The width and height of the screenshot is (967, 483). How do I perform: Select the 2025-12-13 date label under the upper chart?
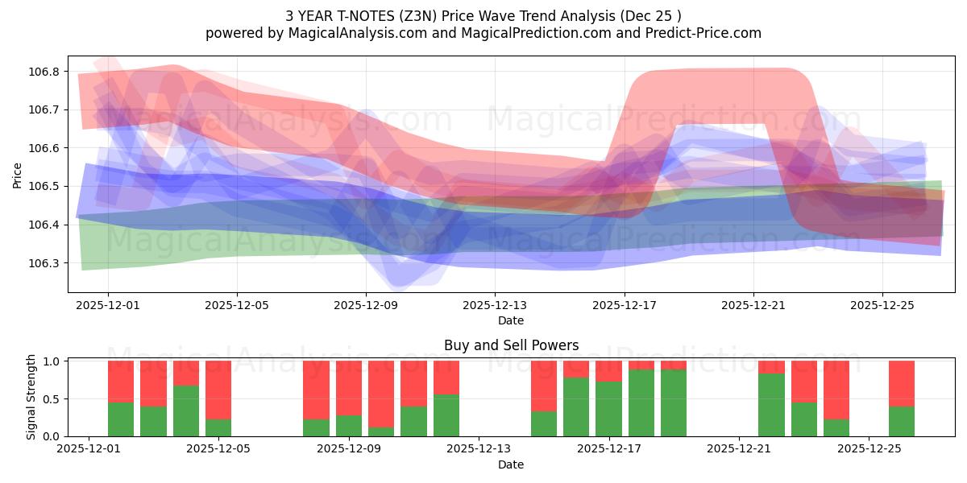point(495,306)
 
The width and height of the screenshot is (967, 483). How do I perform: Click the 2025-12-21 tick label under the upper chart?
point(753,306)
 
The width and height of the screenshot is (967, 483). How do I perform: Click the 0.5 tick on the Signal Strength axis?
point(52,399)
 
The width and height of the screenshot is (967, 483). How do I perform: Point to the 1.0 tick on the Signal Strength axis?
point(52,361)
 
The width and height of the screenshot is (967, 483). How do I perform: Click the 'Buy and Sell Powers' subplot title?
point(511,345)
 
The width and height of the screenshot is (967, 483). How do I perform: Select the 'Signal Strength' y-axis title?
point(31,397)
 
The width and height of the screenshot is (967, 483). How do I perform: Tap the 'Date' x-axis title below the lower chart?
point(511,464)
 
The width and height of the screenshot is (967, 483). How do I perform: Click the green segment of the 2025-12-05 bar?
point(218,427)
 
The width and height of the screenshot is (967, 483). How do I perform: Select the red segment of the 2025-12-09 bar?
point(349,388)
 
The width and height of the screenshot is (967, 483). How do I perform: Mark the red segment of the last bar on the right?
point(902,383)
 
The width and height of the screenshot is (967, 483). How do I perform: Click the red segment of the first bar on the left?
point(121,381)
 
